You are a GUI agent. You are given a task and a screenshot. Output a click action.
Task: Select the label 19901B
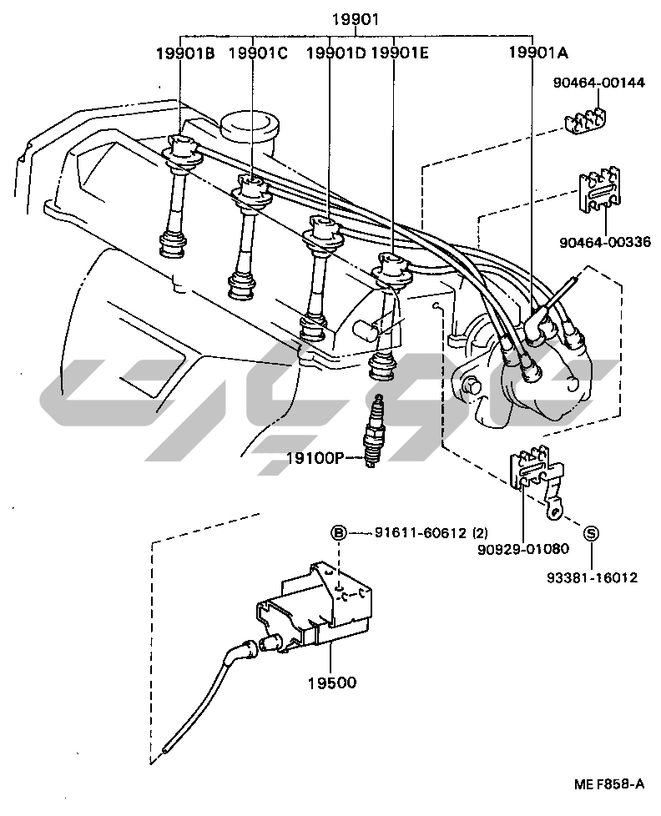point(185,53)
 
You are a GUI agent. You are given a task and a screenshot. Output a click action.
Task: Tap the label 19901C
point(257,53)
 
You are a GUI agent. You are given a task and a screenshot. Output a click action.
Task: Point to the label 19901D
point(336,53)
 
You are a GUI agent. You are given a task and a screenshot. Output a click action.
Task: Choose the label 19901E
point(399,53)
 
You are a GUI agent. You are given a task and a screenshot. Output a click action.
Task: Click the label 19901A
point(538,53)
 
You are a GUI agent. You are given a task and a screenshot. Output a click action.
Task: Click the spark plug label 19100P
point(313,457)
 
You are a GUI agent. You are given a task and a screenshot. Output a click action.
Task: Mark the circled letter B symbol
point(339,534)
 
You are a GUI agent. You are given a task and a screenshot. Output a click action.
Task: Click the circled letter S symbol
point(590,534)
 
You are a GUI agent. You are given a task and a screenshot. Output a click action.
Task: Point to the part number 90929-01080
point(522,550)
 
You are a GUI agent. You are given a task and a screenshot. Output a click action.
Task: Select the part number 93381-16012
point(592,576)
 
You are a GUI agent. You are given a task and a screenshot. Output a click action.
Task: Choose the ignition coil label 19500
point(331,683)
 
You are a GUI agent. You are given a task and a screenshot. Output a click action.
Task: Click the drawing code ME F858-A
point(608,783)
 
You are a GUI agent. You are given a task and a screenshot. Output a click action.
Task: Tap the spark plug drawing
point(378,430)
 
